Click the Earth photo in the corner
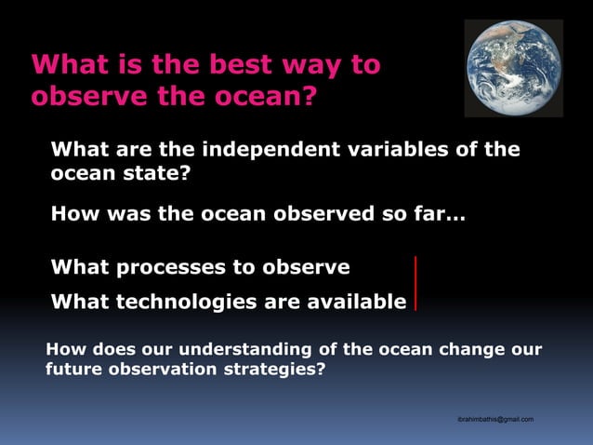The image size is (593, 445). (513, 68)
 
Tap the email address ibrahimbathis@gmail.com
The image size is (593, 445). (495, 420)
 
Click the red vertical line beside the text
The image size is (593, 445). (415, 283)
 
